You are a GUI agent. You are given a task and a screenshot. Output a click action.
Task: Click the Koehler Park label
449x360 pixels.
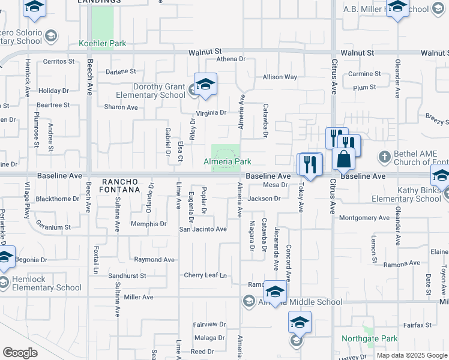coord(103,44)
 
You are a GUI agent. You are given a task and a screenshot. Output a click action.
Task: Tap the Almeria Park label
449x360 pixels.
coord(227,162)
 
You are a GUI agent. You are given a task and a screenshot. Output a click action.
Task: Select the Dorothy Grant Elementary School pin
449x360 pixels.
coord(205,86)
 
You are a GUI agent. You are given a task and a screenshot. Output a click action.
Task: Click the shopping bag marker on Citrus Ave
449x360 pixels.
coord(344,159)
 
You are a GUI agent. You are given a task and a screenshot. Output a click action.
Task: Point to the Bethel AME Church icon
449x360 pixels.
coord(385,157)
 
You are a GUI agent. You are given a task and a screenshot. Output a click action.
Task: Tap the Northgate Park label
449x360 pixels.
coord(369,339)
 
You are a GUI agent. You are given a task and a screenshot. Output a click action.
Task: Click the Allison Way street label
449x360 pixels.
coord(280,77)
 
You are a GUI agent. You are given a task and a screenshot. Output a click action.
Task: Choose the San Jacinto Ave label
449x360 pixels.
coord(203,229)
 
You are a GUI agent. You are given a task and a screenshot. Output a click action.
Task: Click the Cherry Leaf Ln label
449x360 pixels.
coord(205,275)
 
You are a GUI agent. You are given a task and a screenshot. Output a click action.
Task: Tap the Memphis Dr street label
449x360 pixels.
coord(148,224)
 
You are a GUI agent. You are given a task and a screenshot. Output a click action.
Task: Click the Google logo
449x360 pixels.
coord(20,353)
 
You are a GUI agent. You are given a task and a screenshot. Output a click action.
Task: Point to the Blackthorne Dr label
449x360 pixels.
coord(58,199)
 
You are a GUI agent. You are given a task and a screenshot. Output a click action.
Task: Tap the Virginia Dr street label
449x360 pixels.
coord(211,113)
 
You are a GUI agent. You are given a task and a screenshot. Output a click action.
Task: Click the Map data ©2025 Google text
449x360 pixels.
coord(411,355)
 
